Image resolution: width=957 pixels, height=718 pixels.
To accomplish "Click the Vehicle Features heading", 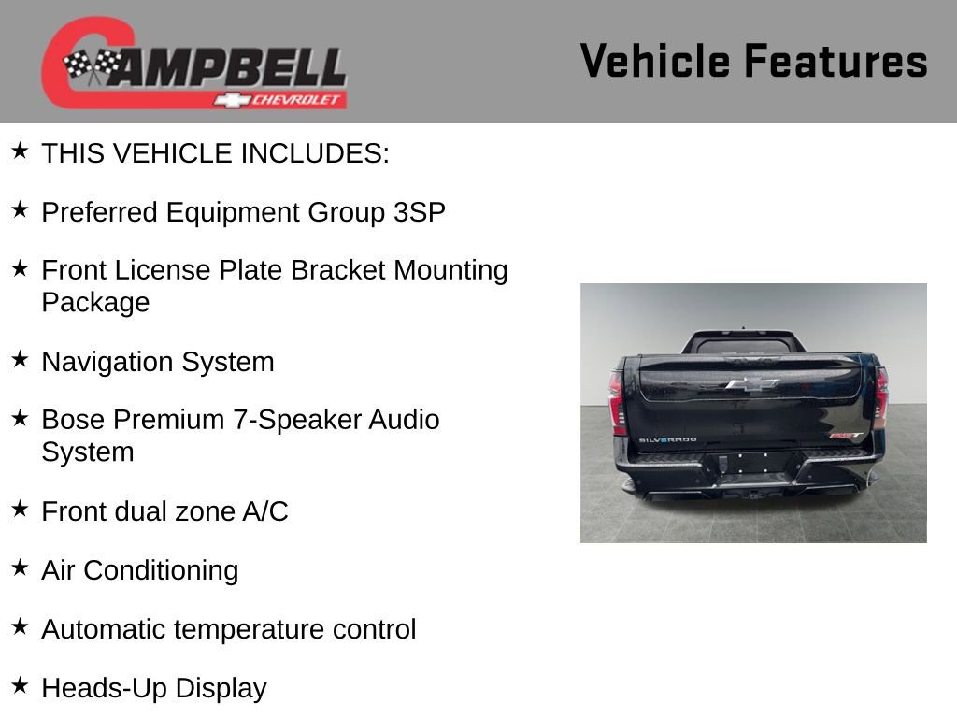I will (x=753, y=61).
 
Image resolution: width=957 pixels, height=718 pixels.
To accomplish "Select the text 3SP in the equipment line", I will (x=420, y=212).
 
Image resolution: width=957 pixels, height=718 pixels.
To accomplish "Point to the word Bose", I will (x=72, y=420).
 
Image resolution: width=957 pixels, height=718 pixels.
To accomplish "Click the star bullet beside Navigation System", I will (x=20, y=360).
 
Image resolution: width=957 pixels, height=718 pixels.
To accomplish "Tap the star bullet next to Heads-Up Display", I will (x=20, y=686).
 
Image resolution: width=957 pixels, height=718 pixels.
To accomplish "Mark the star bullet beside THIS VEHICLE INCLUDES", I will (x=20, y=151).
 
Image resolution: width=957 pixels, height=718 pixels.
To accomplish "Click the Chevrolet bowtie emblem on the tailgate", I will (x=751, y=383).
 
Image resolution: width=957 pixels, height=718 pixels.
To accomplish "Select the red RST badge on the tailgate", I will (x=844, y=435).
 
